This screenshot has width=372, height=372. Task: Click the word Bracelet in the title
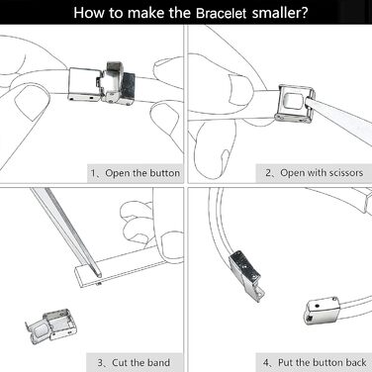pos(221,13)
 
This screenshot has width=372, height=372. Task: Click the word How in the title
pos(86,13)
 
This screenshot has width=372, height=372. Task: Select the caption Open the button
pos(142,173)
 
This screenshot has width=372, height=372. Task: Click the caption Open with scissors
pos(322,172)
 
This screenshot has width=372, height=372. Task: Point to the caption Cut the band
pos(141,363)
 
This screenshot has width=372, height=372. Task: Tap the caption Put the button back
pos(323,363)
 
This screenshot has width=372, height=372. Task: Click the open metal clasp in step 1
pos(102,83)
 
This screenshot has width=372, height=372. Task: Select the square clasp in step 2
pos(294,103)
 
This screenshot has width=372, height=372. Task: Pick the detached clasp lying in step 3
pos(49,325)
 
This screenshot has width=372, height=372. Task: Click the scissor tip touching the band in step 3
pos(100,275)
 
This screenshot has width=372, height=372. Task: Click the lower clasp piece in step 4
pos(321,311)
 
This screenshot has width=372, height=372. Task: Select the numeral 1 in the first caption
pos(93,173)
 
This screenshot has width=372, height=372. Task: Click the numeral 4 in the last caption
pos(266,363)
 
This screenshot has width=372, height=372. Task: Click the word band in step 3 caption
pos(159,363)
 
